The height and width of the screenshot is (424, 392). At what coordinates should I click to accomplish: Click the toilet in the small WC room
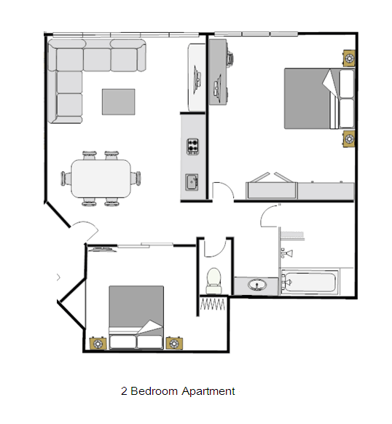pyautogui.click(x=214, y=281)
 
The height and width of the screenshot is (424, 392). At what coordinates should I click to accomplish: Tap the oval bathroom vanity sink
pyautogui.click(x=256, y=285)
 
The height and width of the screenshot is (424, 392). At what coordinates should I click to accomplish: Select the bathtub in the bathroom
pyautogui.click(x=310, y=282)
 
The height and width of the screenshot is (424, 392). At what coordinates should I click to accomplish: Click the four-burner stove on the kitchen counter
pyautogui.click(x=193, y=146)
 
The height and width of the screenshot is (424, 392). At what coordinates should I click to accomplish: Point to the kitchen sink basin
pyautogui.click(x=192, y=182)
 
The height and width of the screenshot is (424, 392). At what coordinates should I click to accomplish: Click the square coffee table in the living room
pyautogui.click(x=118, y=102)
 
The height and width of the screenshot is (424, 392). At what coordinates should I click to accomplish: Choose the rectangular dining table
pyautogui.click(x=101, y=178)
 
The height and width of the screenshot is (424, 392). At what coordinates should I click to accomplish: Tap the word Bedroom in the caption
pyautogui.click(x=154, y=391)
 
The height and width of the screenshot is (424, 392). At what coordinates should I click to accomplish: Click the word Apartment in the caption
pyautogui.click(x=208, y=391)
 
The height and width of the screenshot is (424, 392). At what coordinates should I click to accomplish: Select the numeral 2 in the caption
pyautogui.click(x=124, y=391)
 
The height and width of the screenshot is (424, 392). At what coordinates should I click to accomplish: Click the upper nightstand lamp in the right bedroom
pyautogui.click(x=349, y=58)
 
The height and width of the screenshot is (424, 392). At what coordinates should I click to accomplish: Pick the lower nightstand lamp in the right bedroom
pyautogui.click(x=349, y=139)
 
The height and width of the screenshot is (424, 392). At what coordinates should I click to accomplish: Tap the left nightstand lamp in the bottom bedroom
pyautogui.click(x=98, y=344)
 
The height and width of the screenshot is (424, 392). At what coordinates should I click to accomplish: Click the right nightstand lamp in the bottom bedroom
pyautogui.click(x=174, y=343)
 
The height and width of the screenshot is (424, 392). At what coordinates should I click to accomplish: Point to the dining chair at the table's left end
pyautogui.click(x=66, y=178)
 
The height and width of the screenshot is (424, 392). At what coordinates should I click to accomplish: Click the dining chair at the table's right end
pyautogui.click(x=136, y=178)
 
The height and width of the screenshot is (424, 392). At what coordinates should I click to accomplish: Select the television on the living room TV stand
pyautogui.click(x=197, y=79)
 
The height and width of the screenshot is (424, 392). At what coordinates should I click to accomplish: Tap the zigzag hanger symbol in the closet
pyautogui.click(x=212, y=305)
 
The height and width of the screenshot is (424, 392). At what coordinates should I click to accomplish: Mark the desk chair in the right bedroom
pyautogui.click(x=230, y=59)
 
